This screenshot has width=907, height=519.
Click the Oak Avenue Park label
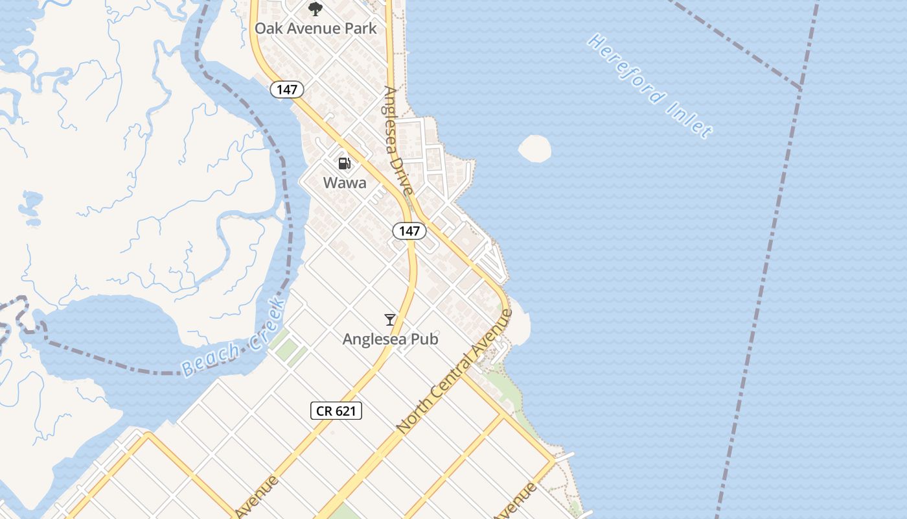click(316, 29)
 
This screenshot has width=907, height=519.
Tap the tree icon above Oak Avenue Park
click(316, 9)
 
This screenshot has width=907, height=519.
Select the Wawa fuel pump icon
click(345, 163)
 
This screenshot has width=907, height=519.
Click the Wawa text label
click(345, 183)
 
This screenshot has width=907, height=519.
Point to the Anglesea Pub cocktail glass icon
click(390, 320)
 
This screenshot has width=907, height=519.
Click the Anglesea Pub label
click(390, 339)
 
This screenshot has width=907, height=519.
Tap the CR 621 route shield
click(336, 410)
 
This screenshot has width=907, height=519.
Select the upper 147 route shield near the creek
click(287, 90)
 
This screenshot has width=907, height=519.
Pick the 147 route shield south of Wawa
click(409, 230)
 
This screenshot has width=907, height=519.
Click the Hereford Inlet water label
click(650, 86)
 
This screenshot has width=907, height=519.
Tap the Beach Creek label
click(233, 339)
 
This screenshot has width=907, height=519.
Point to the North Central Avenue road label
click(454, 372)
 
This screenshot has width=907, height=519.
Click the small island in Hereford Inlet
click(534, 149)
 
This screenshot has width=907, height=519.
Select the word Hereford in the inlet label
click(626, 69)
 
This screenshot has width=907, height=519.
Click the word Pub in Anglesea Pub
click(424, 339)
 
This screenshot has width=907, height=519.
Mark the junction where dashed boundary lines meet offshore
click(801, 88)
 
